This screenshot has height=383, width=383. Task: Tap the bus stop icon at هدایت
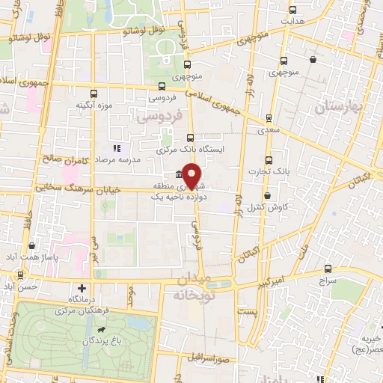pyautogui.click(x=292, y=10)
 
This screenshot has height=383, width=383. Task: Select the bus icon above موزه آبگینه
pyautogui.click(x=94, y=94)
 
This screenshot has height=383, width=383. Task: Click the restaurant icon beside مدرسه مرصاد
pyautogui.click(x=116, y=147)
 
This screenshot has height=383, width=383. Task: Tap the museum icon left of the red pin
pyautogui.click(x=179, y=175)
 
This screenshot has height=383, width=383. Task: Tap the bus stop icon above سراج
pyautogui.click(x=328, y=269)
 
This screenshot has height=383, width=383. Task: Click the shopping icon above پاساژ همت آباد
pyautogui.click(x=31, y=245)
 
